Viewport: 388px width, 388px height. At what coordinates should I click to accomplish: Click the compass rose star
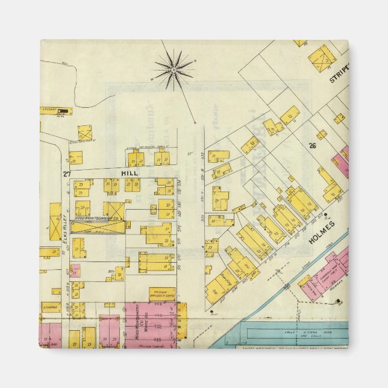tap(174, 70)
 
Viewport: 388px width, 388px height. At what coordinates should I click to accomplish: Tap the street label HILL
tap(130, 173)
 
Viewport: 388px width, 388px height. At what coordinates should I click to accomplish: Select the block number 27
tap(66, 174)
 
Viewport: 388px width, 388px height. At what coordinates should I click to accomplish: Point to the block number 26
tap(312, 145)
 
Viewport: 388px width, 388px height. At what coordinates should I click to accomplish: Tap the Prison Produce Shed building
tap(162, 295)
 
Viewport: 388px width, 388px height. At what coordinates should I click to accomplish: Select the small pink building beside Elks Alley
tap(75, 271)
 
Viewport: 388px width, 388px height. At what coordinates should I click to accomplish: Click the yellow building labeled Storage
tap(51, 307)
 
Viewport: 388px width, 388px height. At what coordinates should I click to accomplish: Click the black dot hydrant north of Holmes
tap(325, 214)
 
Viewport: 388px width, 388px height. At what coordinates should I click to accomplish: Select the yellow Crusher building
tap(56, 111)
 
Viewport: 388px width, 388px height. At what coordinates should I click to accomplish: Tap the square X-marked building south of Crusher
tap(85, 133)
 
